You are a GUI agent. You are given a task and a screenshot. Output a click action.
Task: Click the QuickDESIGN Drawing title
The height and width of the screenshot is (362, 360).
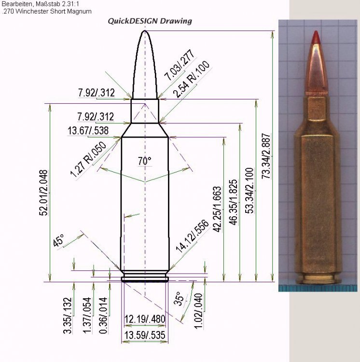point(150,21)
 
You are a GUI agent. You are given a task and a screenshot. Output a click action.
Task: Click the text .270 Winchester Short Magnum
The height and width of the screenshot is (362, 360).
point(46,11)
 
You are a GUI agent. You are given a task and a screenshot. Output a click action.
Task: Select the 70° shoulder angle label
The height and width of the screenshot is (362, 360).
point(144,161)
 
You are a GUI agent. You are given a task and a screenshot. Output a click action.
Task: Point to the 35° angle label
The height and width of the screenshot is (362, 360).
point(179,299)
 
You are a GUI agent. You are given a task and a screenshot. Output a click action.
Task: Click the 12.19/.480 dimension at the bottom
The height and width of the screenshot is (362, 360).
point(145,319)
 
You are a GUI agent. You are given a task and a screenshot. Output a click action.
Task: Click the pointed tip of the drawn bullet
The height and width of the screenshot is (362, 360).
point(145,31)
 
